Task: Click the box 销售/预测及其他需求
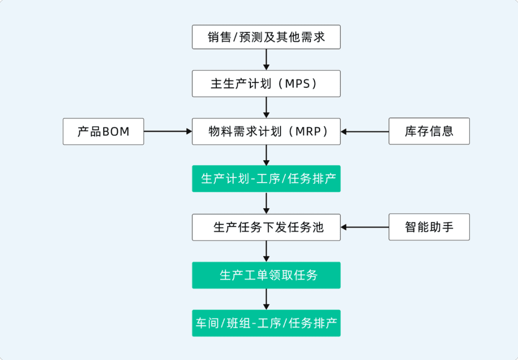click(x=266, y=37)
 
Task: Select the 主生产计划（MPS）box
click(x=266, y=84)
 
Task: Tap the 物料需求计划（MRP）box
click(x=266, y=132)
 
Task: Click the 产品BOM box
click(x=104, y=132)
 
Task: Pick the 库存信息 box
click(x=429, y=131)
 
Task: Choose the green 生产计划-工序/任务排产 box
click(x=266, y=179)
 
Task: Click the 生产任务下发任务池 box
click(x=266, y=227)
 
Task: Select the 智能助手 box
click(x=429, y=227)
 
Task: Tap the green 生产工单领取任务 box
click(x=266, y=275)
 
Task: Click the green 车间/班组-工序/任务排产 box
click(x=266, y=323)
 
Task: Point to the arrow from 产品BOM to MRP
click(x=168, y=132)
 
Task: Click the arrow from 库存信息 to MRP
click(x=365, y=132)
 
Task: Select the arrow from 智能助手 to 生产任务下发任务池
click(x=365, y=227)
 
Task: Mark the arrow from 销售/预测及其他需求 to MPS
click(x=266, y=60)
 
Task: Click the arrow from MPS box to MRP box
click(x=266, y=108)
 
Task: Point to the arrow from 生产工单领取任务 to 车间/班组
click(x=266, y=299)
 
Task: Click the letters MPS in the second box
click(x=297, y=84)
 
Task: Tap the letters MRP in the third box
click(x=308, y=132)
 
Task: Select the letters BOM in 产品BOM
click(x=116, y=132)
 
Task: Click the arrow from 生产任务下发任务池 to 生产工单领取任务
click(x=266, y=251)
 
